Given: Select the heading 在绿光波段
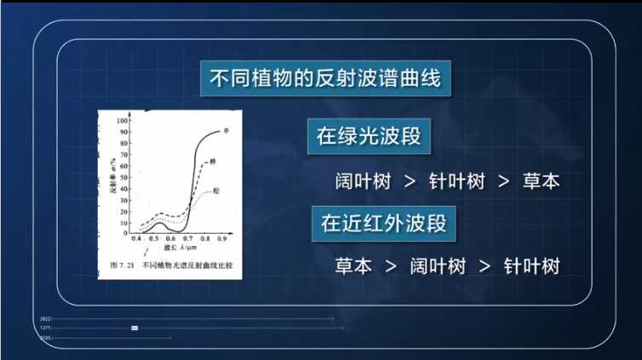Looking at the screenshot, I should tap(370, 136).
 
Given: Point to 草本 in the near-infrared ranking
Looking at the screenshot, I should tap(353, 266).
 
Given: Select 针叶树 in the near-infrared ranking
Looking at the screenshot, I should tap(530, 266).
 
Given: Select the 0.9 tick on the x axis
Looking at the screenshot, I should tap(222, 240).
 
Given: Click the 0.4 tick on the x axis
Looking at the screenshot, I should tap(135, 240).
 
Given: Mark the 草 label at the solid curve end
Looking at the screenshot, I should tap(227, 131).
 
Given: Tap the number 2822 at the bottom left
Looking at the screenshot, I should tap(46, 318).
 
